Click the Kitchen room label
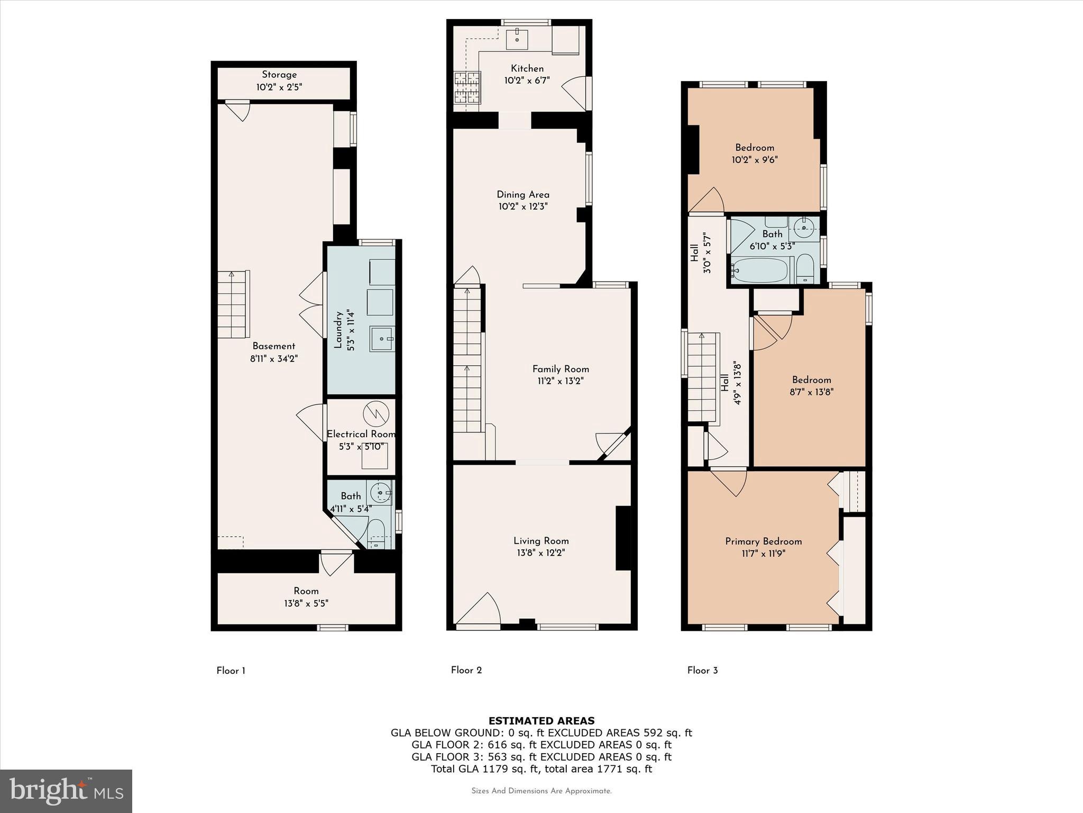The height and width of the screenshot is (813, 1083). click(x=527, y=69)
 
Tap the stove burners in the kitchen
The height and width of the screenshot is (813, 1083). click(x=466, y=88)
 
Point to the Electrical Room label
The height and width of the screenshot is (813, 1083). click(x=361, y=434)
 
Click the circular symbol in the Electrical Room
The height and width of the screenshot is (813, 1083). click(x=375, y=414)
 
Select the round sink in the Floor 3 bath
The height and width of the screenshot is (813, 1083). click(x=804, y=229)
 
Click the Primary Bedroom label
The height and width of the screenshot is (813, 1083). click(x=763, y=541)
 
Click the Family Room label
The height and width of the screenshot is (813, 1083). click(x=561, y=369)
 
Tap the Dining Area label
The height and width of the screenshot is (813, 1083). click(x=522, y=195)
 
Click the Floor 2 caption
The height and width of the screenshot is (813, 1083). click(x=466, y=670)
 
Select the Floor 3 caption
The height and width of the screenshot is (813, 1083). click(x=702, y=670)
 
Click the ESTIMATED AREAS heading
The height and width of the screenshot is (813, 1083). click(x=541, y=720)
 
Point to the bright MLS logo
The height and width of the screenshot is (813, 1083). click(x=66, y=791)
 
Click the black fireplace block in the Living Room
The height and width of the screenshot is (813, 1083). click(x=623, y=538)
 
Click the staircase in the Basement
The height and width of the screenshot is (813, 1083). click(x=233, y=304)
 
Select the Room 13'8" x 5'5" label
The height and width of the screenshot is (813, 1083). click(x=306, y=597)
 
